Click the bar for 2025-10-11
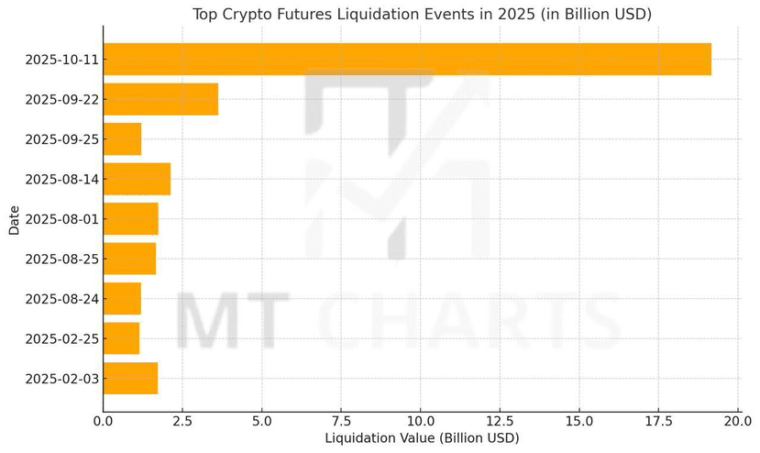(x=407, y=60)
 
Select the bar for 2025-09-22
(x=160, y=99)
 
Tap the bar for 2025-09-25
(x=122, y=139)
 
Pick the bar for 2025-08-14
(x=137, y=179)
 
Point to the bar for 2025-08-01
(x=130, y=219)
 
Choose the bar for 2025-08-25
(x=129, y=259)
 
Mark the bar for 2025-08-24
(x=122, y=299)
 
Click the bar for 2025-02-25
(x=121, y=338)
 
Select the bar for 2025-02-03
(x=130, y=378)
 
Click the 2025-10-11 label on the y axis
(x=61, y=60)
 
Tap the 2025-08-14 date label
(x=61, y=179)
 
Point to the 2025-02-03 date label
(x=61, y=378)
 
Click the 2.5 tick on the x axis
(x=182, y=422)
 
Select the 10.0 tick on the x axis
(x=420, y=422)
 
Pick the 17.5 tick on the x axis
(x=658, y=422)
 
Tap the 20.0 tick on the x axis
(x=737, y=422)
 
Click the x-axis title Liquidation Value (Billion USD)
(x=422, y=439)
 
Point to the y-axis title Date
(x=15, y=219)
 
